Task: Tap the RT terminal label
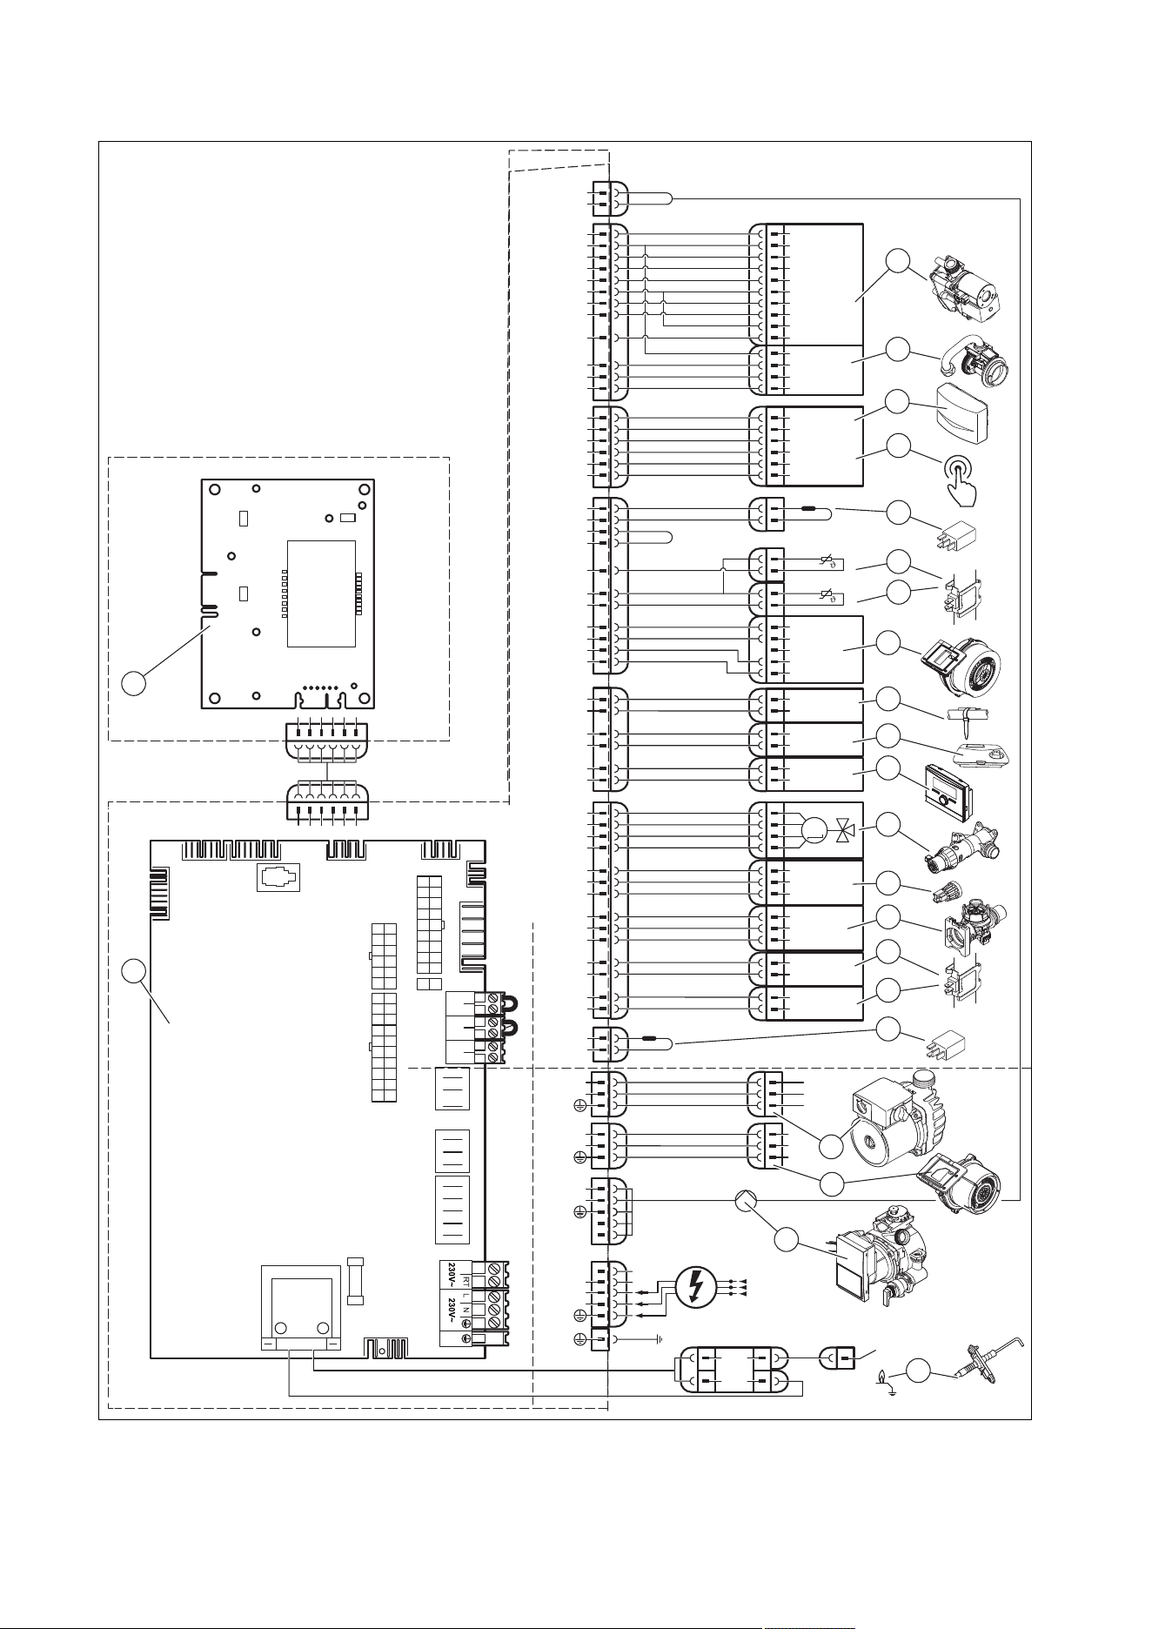click(466, 1281)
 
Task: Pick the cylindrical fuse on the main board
click(355, 1281)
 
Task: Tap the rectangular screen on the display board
click(321, 593)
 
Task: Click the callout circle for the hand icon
click(899, 446)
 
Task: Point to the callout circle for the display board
click(133, 683)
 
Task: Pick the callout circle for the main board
click(133, 971)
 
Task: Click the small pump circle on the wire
click(746, 1202)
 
